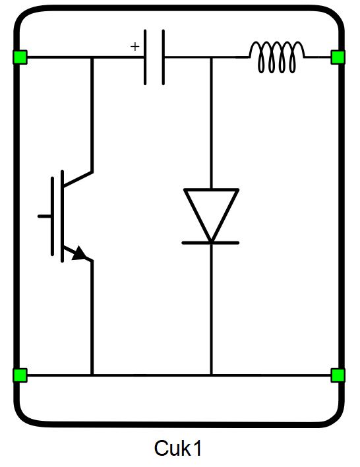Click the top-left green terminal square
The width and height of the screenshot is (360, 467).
(20, 57)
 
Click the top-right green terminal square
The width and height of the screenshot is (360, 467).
(338, 57)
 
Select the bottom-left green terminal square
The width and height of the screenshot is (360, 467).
(20, 375)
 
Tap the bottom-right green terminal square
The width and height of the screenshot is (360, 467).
(338, 375)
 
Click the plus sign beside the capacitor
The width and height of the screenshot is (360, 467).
(135, 46)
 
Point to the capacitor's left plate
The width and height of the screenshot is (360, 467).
(145, 57)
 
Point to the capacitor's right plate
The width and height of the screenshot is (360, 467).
(164, 57)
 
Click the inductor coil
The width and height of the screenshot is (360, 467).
(277, 57)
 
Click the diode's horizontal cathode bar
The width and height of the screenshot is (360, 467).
(210, 243)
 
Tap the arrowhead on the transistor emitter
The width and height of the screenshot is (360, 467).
(79, 253)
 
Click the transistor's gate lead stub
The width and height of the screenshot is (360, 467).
(44, 216)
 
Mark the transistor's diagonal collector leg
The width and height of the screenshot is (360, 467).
(78, 179)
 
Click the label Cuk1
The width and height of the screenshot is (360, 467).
(178, 449)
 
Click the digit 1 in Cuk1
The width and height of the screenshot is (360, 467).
(197, 449)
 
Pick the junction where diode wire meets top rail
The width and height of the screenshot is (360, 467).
(212, 57)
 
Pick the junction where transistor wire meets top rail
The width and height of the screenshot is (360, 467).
(92, 57)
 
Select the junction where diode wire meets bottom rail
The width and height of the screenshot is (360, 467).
(212, 375)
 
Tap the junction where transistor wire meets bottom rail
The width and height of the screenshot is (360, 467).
(92, 375)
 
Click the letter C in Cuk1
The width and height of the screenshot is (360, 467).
(161, 449)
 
